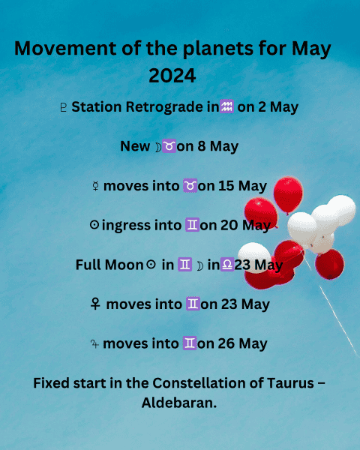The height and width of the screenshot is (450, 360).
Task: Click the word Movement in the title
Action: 65,48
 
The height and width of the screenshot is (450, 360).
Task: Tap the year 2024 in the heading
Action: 172,76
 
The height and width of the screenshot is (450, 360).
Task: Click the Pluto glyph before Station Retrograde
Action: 64,107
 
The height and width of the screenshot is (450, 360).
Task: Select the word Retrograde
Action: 164,107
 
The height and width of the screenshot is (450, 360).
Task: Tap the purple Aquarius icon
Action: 226,106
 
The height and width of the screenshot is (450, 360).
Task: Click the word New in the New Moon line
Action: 135,146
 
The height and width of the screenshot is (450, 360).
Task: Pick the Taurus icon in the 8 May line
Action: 169,145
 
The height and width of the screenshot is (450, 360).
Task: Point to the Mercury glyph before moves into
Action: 95,186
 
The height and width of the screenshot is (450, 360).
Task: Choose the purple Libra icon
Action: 227,264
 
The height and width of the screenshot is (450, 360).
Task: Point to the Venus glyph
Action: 95,304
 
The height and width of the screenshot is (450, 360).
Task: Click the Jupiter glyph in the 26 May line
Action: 94,343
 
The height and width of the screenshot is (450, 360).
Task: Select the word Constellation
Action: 199,383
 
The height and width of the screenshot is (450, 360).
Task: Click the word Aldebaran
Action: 178,403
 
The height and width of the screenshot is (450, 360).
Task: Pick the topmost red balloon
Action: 288,195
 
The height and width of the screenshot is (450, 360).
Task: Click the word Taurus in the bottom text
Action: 290,383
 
